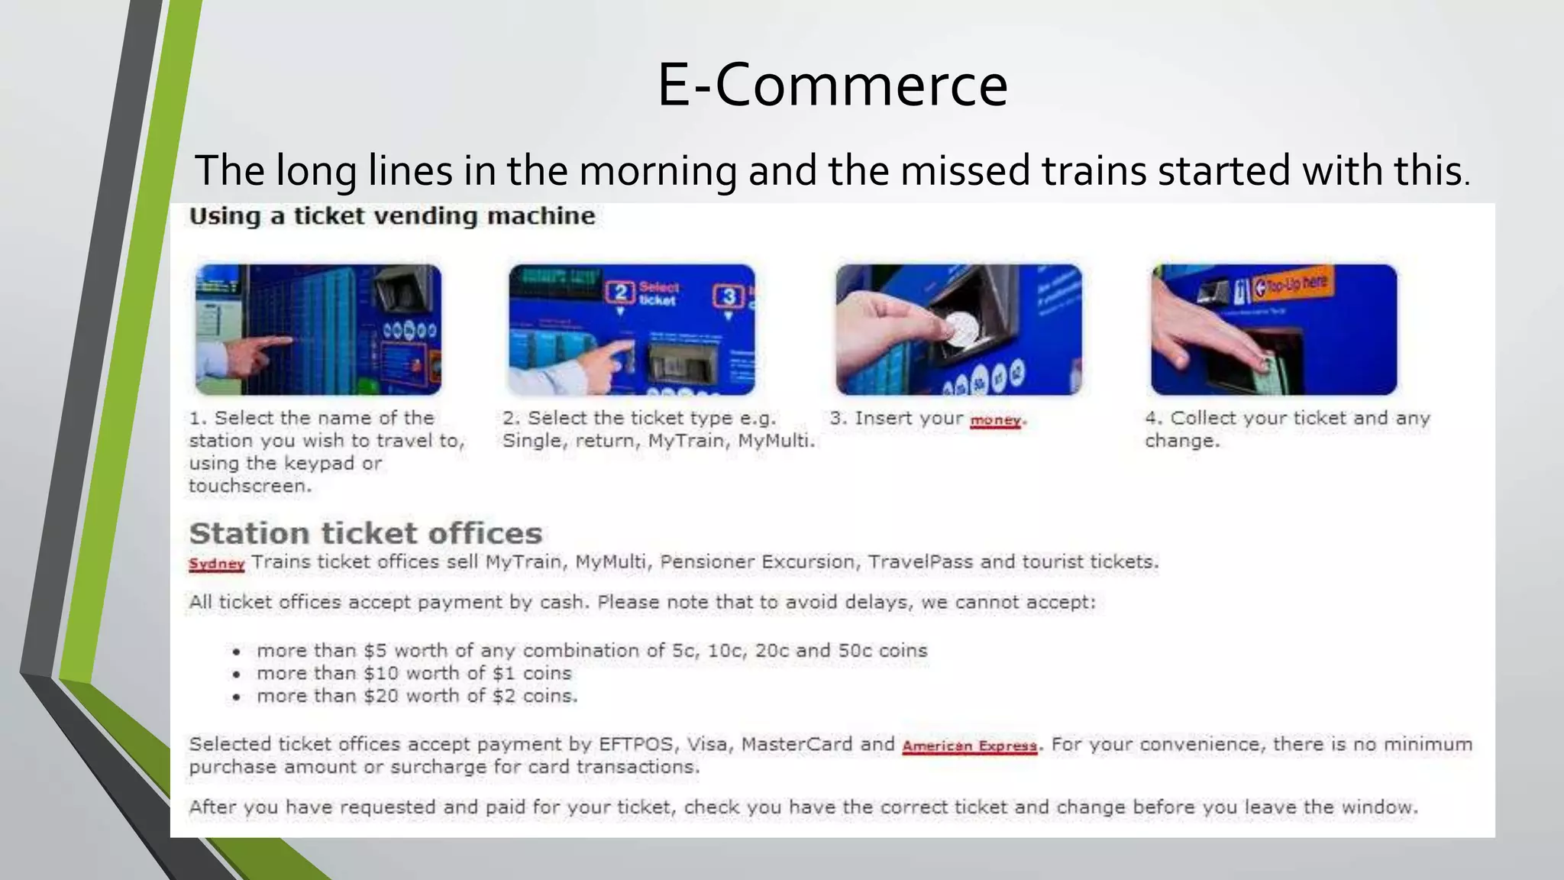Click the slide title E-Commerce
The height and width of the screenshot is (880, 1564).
pos(832,85)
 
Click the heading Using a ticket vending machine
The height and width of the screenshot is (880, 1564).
pos(392,216)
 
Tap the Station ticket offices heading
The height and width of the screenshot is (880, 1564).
pos(365,533)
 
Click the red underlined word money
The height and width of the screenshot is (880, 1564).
pos(995,420)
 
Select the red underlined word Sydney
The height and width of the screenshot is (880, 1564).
pos(216,564)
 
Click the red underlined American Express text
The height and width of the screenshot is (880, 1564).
pos(969,746)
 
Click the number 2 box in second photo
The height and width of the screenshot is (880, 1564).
pos(621,293)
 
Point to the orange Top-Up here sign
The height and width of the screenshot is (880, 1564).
pos(1291,285)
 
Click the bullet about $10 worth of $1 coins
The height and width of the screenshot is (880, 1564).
pos(413,673)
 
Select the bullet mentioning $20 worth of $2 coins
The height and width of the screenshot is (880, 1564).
pos(416,696)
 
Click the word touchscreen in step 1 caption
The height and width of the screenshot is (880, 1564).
pos(250,486)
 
